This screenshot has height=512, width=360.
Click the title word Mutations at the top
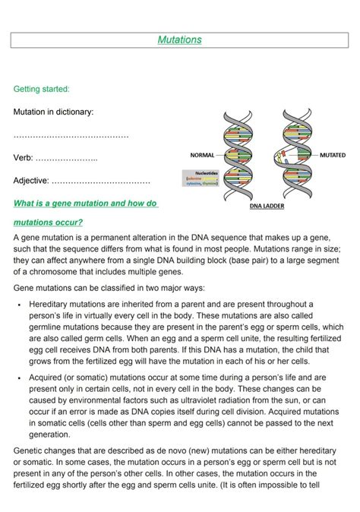point(179,40)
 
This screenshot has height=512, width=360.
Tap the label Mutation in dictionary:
point(54,112)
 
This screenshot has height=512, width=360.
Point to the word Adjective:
point(31,181)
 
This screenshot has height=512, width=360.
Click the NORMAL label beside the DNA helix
point(202,155)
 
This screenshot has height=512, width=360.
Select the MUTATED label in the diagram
point(332,155)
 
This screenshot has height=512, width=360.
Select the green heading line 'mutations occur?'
point(48,223)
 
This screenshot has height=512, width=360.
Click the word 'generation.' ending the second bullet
point(50,435)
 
